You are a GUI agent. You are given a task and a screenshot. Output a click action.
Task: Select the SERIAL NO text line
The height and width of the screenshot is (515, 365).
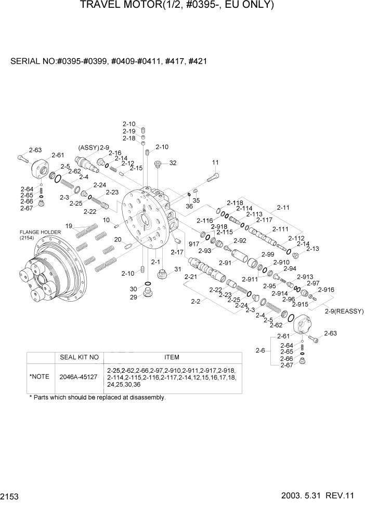coord(109,61)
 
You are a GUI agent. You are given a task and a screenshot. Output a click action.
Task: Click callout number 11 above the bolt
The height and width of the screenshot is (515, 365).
coord(215,163)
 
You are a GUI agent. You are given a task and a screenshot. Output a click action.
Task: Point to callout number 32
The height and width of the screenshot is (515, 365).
coord(173,163)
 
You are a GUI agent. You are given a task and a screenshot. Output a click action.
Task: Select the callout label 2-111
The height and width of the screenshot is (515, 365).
coord(280,229)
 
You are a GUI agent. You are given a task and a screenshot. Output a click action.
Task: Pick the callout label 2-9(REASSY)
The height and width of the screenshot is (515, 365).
coord(344,311)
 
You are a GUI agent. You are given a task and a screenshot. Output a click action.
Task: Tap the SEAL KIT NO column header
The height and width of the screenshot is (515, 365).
coord(80,357)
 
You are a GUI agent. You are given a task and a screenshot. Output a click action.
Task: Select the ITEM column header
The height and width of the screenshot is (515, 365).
coord(172,357)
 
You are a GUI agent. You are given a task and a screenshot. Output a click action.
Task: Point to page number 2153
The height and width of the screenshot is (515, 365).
coord(10,497)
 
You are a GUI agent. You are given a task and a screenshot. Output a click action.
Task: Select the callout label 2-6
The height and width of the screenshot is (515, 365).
coord(261,351)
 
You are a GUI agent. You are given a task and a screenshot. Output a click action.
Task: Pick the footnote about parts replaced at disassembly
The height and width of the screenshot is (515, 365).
coord(97,398)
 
